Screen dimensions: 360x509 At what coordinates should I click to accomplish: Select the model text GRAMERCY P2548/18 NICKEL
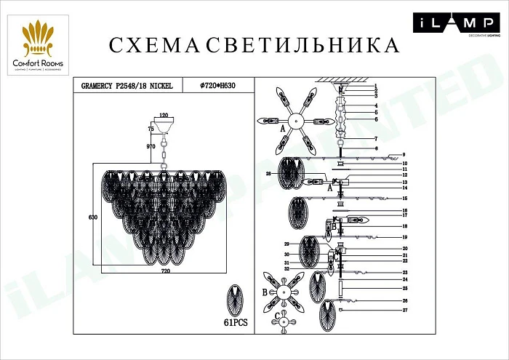[x=124, y=86]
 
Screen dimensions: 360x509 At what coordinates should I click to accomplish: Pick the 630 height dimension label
[x=92, y=217]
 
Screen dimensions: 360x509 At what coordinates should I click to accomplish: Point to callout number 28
[x=268, y=174]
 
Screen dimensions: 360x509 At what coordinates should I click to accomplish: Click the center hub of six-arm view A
[x=297, y=121]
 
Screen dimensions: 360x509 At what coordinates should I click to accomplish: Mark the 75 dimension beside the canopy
[x=151, y=128]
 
